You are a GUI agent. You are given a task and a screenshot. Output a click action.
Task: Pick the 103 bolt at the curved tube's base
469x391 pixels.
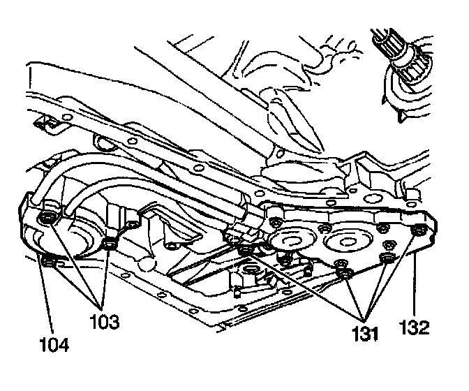point(47,221)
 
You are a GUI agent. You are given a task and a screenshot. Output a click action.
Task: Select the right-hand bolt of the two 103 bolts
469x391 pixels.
point(109,243)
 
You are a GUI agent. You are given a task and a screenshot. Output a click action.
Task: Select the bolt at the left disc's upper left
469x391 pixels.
point(276,222)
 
